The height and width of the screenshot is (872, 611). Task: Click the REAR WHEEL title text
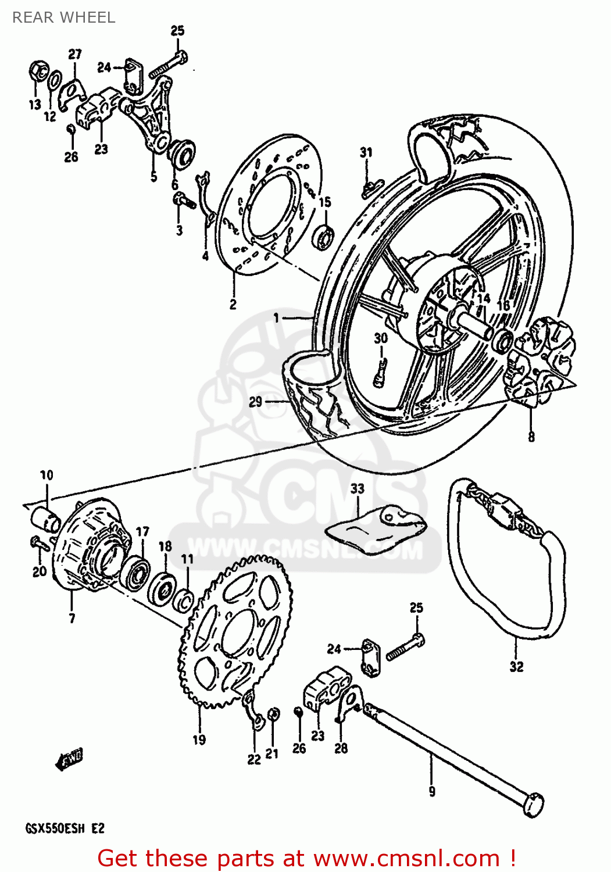63,17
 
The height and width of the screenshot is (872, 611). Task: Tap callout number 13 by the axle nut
35,105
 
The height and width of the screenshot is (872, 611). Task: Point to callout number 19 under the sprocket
199,739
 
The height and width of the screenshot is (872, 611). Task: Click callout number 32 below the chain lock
516,667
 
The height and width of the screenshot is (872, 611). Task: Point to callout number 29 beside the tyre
256,402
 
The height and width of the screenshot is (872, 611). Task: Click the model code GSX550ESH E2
65,828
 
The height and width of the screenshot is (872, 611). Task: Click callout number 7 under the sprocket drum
72,618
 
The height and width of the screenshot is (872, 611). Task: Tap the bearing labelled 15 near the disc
324,236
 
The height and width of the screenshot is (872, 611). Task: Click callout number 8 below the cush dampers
531,437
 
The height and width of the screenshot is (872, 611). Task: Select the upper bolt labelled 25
169,65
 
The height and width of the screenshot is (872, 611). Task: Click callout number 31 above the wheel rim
366,152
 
